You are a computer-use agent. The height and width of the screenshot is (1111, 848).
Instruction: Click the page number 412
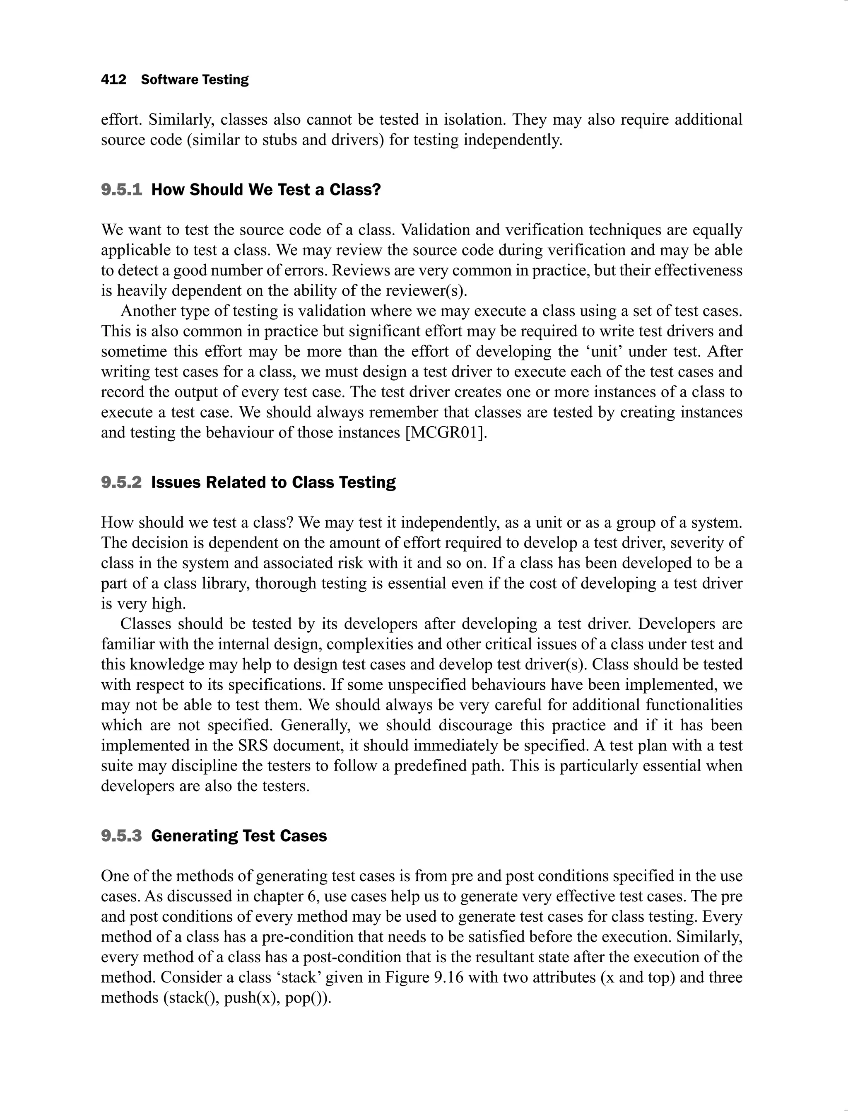113,80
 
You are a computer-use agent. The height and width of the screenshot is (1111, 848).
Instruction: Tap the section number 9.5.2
122,482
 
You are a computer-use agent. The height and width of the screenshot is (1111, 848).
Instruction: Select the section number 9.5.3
122,836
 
